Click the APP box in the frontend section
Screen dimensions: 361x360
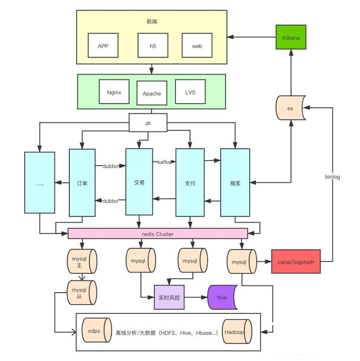103,46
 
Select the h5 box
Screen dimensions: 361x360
153,46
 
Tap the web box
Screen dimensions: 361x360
197,46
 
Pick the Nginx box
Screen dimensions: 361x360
114,92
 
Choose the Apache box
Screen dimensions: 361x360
152,94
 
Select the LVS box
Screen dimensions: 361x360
190,92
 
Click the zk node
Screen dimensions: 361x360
148,123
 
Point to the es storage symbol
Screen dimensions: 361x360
290,108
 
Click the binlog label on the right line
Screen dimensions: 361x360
333,177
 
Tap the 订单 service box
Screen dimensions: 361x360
82,183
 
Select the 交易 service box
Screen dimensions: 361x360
139,182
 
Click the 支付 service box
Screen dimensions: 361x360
190,183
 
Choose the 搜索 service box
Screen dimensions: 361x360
235,183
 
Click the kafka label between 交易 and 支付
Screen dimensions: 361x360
164,162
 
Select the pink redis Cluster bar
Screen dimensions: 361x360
158,234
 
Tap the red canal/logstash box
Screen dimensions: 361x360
296,262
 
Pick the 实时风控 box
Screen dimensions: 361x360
170,297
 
